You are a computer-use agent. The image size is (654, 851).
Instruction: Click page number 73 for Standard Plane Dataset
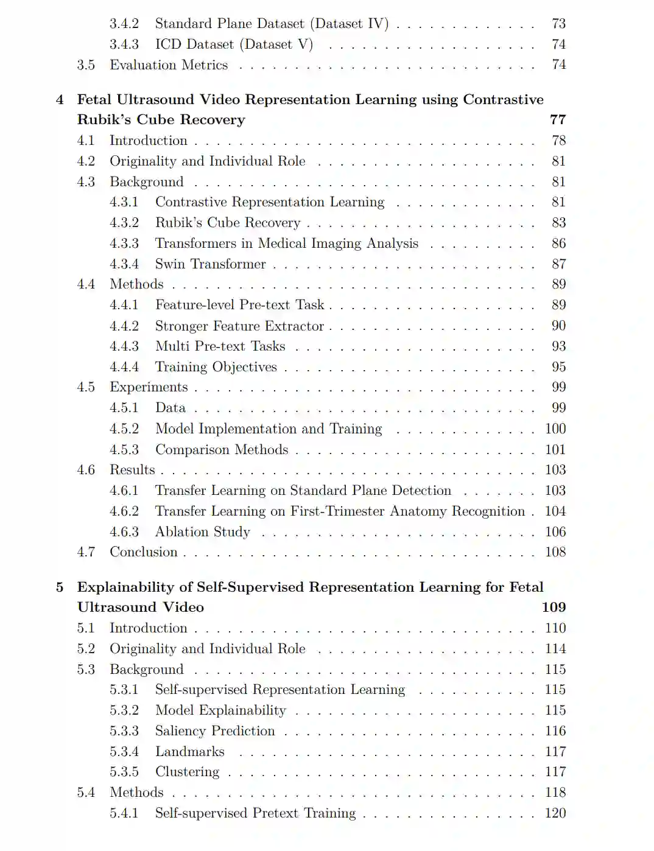point(558,24)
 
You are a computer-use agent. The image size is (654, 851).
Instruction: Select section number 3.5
point(86,65)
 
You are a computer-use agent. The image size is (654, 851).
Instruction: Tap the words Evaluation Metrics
point(169,65)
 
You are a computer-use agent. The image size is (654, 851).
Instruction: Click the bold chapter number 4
point(60,100)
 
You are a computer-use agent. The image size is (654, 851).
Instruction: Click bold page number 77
point(558,120)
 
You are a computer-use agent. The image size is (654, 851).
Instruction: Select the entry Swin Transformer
point(210,264)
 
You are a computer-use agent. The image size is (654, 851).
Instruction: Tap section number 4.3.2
point(124,223)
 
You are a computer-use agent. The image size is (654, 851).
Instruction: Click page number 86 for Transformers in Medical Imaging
point(558,243)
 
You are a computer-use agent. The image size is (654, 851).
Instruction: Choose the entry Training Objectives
point(216,367)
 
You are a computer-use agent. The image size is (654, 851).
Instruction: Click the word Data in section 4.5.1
point(171,408)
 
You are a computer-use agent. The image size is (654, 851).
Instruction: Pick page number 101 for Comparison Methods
point(555,450)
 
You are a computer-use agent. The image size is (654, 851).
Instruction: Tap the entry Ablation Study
point(202,532)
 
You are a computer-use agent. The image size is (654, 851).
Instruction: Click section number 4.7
point(86,552)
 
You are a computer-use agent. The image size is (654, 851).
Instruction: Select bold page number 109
point(554,608)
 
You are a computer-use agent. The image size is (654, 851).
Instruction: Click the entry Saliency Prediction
point(215,731)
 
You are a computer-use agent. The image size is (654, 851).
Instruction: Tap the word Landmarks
point(190,752)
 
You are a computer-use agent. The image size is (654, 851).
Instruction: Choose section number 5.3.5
point(124,772)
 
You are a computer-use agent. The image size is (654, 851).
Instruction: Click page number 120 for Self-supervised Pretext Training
point(555,813)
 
